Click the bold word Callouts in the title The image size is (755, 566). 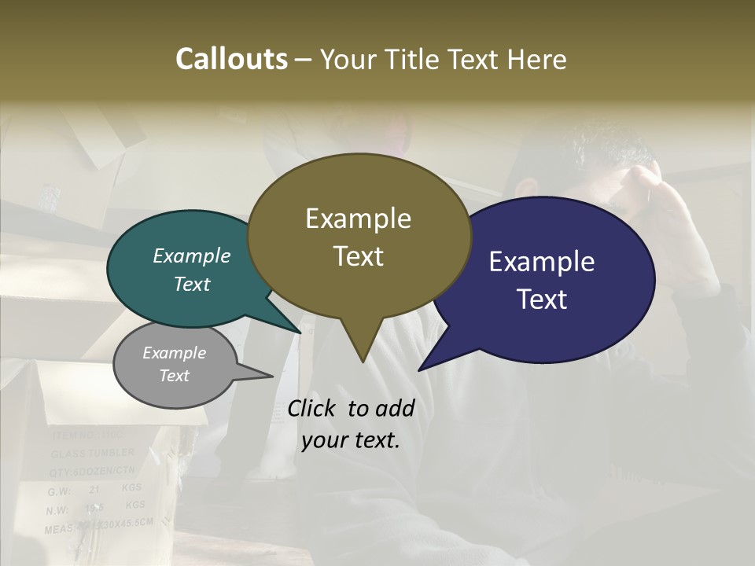pos(231,59)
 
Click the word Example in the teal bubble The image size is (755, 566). pos(192,255)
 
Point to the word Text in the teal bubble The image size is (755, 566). pos(192,284)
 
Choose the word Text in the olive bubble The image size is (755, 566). pos(358,256)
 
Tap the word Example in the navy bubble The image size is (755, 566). pos(542,261)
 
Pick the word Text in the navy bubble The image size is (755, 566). pos(542,300)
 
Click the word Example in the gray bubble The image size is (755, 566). pos(174,353)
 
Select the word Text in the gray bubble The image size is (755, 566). pos(174,376)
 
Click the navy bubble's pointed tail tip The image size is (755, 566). pos(420,369)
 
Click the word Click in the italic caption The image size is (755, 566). pos(315,408)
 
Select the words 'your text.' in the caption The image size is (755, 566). pos(351,440)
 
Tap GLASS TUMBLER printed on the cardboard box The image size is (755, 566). pos(93,454)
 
